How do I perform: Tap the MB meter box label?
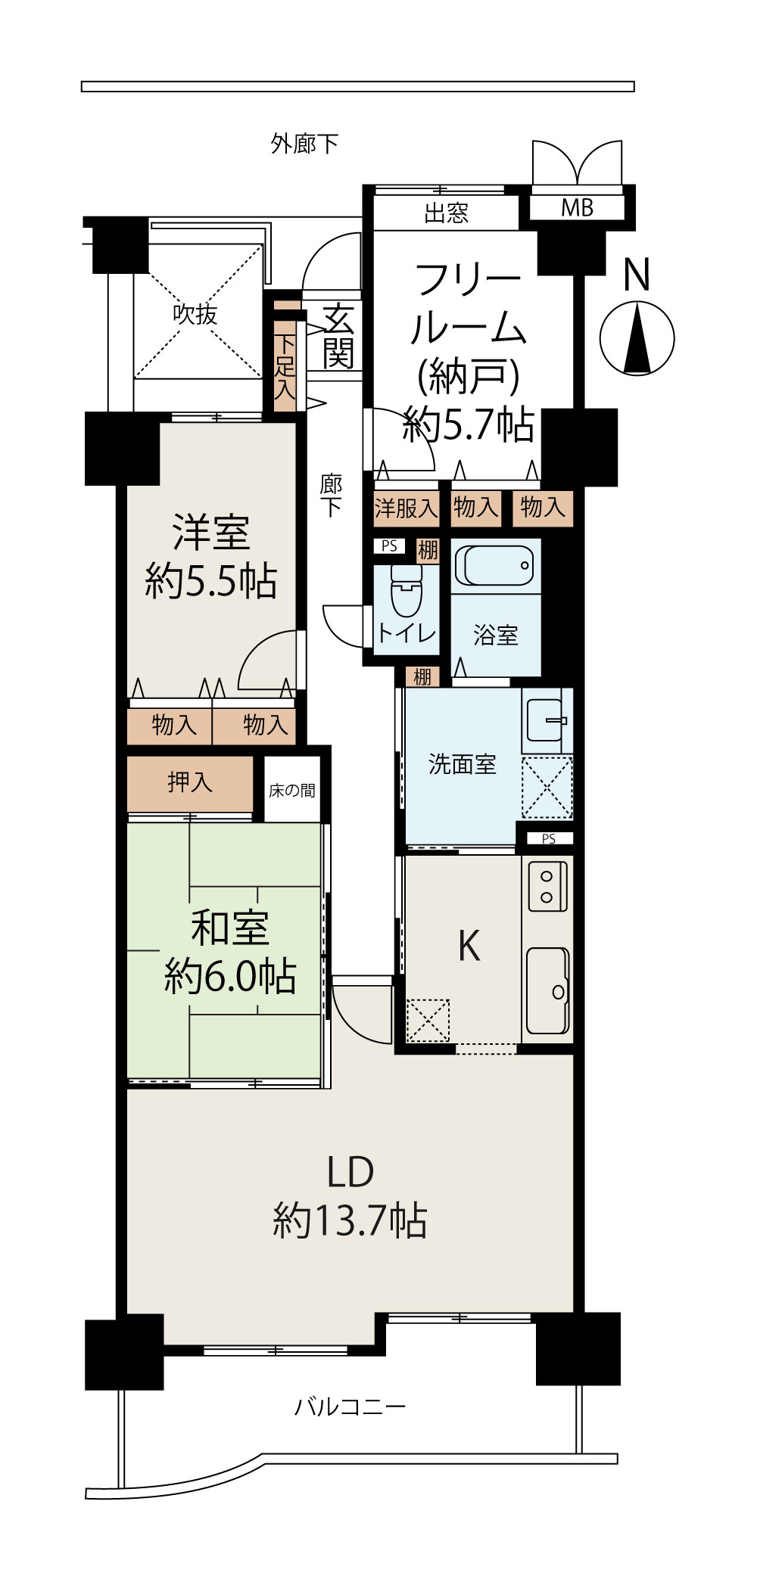pos(577,207)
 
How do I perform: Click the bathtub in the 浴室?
pos(496,565)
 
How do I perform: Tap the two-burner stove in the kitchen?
pos(547,886)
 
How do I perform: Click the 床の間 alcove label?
pos(292,791)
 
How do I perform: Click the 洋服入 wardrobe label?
pos(407,507)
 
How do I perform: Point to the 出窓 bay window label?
pos(447,213)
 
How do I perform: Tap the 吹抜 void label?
pos(195,313)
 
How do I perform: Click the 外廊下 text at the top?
pos(304,143)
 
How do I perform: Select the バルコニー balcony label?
pos(350,1406)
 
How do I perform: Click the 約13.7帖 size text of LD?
pos(350,1220)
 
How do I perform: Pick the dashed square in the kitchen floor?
pos(428,1020)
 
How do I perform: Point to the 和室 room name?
pos(230,928)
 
